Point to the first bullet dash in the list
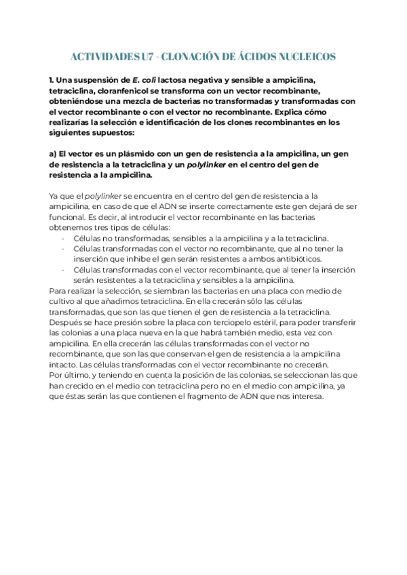pos(63,238)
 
